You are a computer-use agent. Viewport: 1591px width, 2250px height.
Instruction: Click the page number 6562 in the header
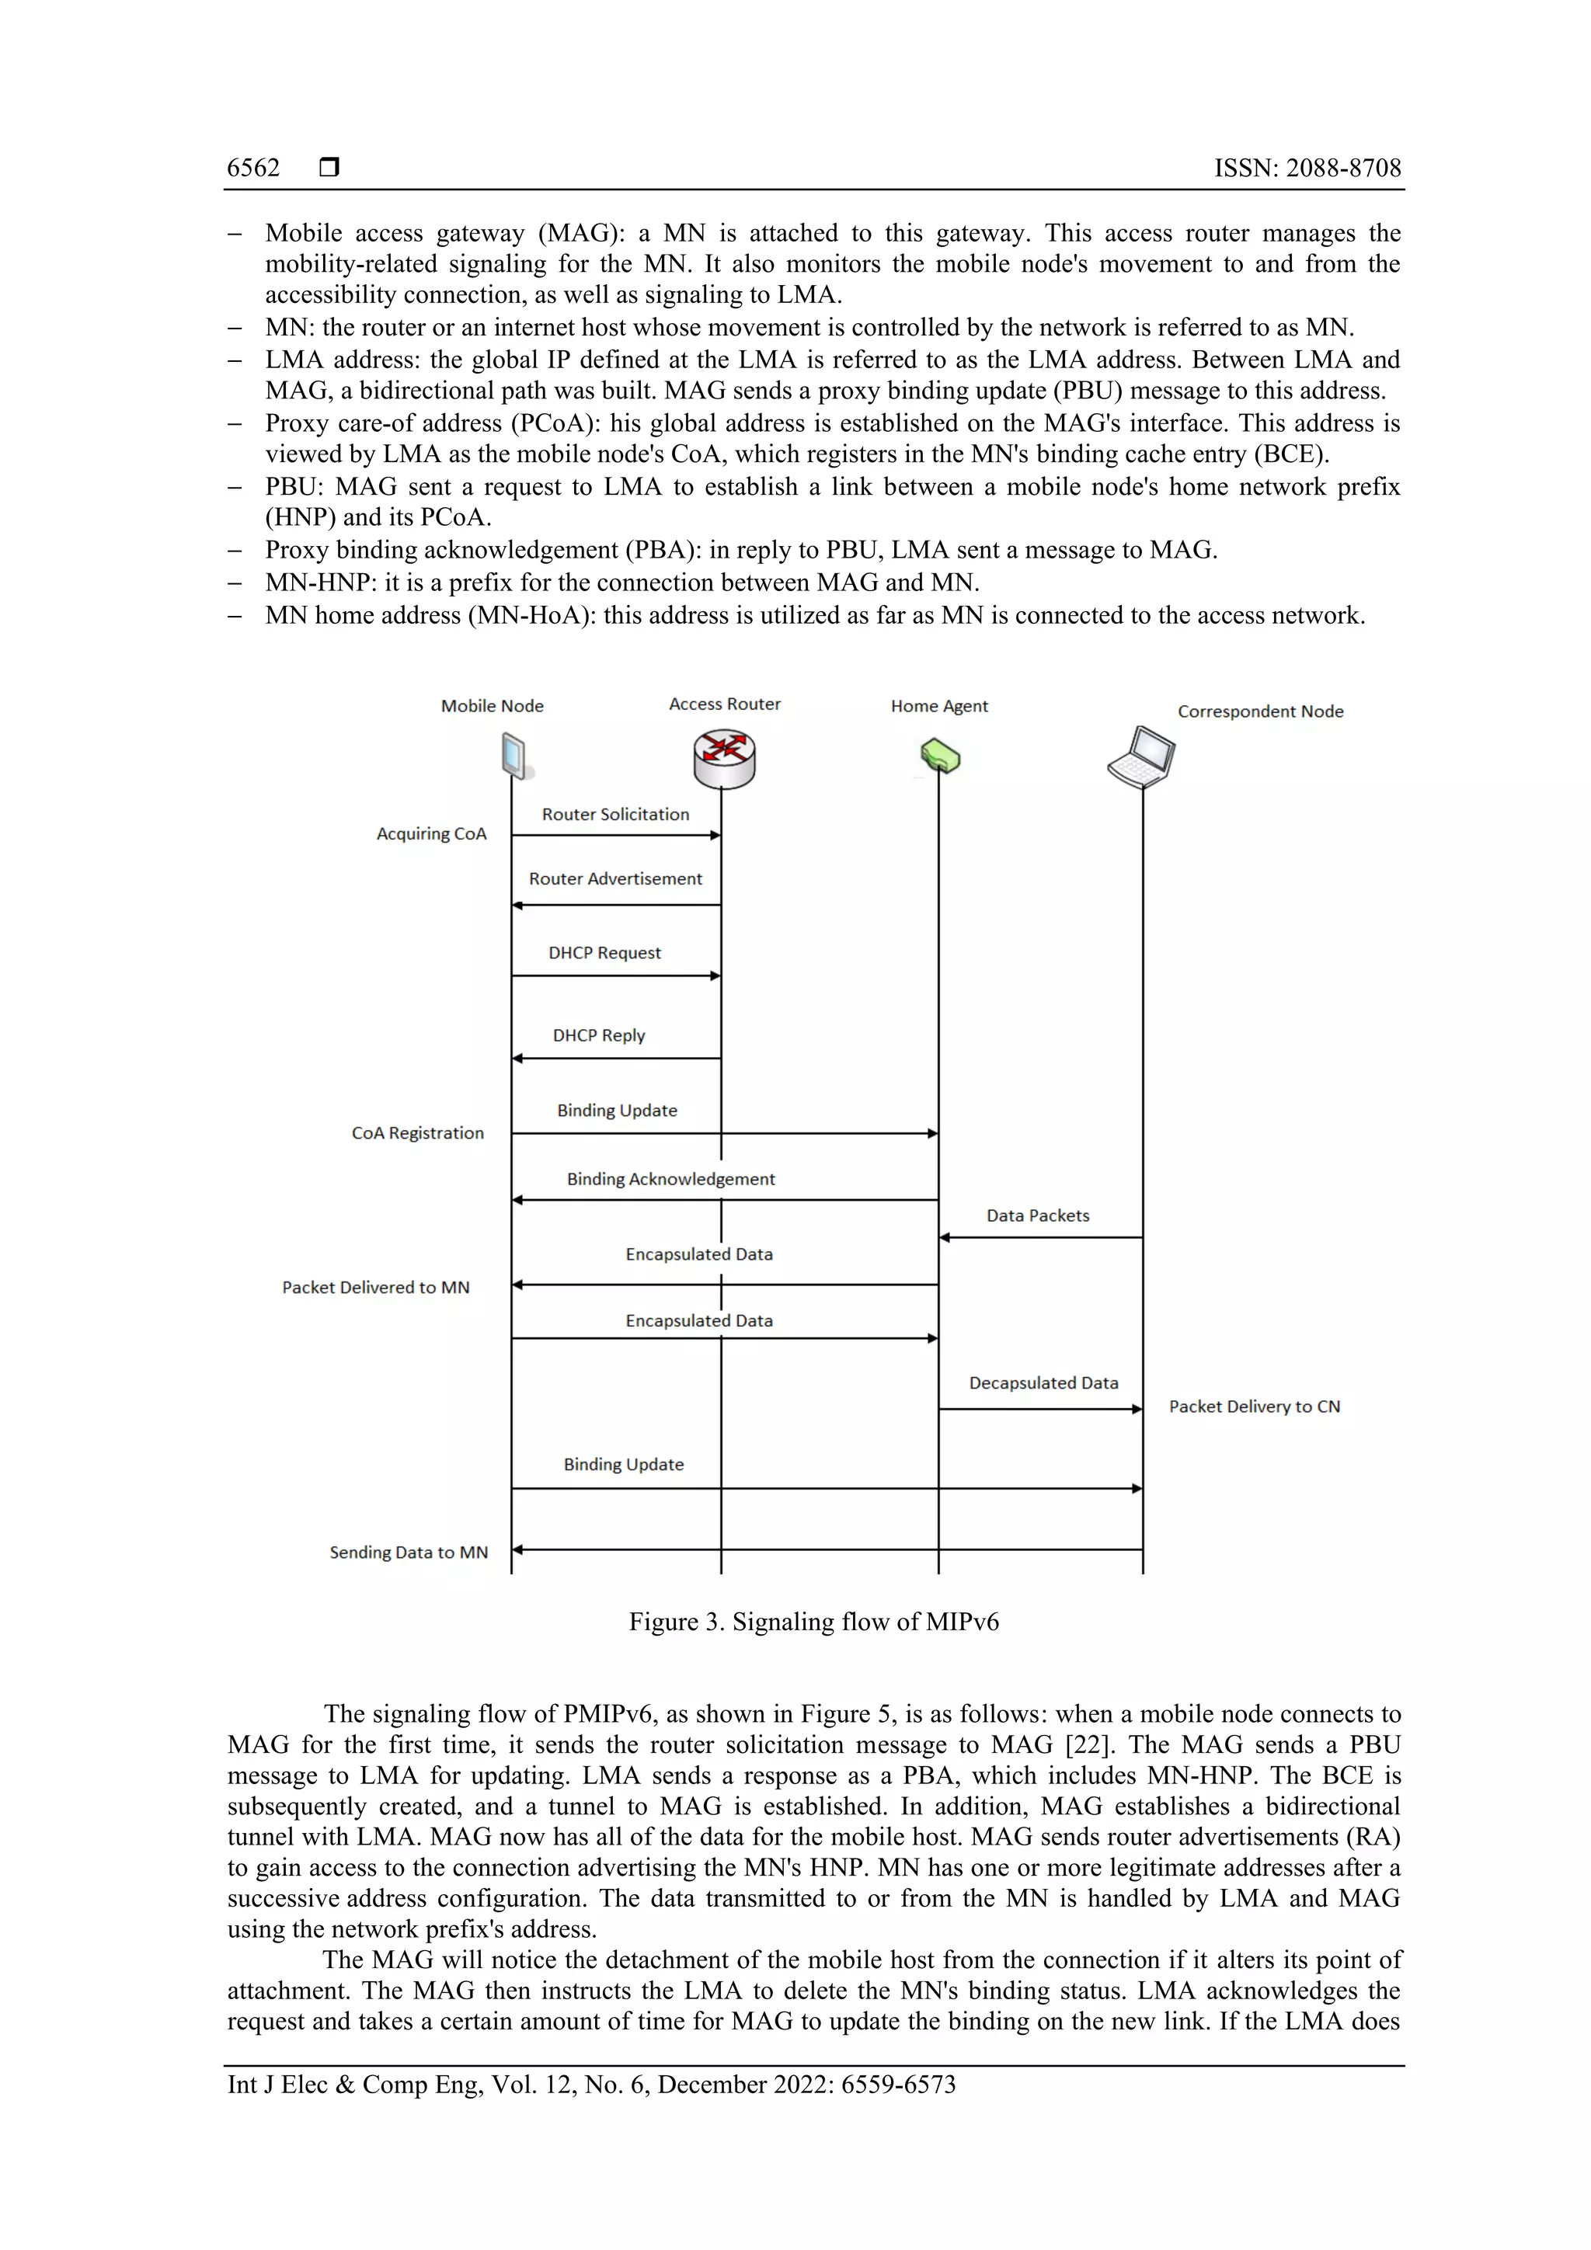[x=253, y=169]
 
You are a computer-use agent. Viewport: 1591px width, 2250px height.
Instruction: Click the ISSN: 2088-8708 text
[x=1307, y=169]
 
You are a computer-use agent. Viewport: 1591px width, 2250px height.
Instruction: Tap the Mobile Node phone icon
[x=514, y=757]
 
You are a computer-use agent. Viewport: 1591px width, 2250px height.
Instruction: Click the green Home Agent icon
[x=940, y=756]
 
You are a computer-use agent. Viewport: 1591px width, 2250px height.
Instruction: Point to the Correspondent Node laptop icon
[x=1142, y=757]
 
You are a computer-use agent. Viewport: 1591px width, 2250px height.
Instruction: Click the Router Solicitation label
[x=615, y=815]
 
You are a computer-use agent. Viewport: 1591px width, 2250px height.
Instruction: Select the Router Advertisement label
[x=615, y=879]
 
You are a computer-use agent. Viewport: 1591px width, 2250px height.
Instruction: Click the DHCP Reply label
[x=599, y=1036]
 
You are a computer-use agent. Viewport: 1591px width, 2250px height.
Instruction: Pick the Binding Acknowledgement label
[x=670, y=1179]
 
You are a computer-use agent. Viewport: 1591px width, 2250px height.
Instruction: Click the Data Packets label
[x=1038, y=1216]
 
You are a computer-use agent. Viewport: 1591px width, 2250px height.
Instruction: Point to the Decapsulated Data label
[x=1044, y=1382]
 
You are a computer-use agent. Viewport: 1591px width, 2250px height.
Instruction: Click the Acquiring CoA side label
[x=431, y=834]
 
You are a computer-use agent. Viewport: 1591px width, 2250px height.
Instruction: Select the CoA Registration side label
[x=418, y=1133]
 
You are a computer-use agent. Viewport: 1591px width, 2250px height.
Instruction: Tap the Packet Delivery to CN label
[x=1255, y=1407]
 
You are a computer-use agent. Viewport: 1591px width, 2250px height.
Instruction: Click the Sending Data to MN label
[x=409, y=1553]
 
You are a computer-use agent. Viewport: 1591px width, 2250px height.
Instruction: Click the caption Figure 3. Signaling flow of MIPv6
[x=813, y=1622]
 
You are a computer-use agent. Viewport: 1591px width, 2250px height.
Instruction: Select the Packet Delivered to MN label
[x=375, y=1288]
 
